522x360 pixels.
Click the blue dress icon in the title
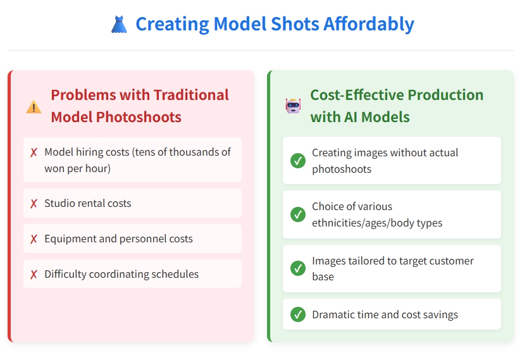click(x=119, y=25)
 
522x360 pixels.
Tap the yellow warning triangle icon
click(x=34, y=107)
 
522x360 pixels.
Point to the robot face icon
click(x=293, y=106)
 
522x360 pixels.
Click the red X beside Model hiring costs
click(x=34, y=152)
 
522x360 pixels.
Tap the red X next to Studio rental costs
click(x=34, y=204)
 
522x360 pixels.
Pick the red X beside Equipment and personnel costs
click(x=34, y=239)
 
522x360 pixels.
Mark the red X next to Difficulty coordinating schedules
click(x=34, y=275)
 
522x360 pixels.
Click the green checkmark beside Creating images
click(x=298, y=161)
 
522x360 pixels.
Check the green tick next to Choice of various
click(x=298, y=214)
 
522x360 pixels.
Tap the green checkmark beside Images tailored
click(x=298, y=268)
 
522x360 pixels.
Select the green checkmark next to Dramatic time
click(x=298, y=314)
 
